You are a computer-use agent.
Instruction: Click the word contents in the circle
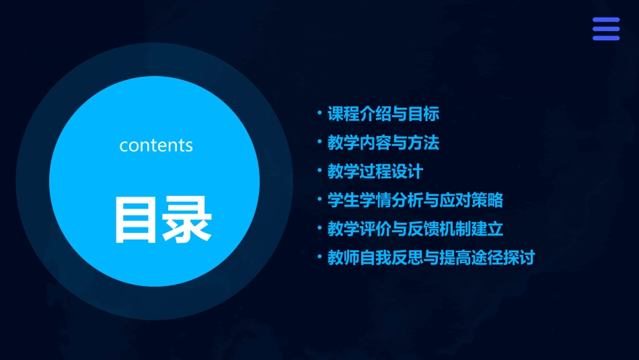click(x=156, y=145)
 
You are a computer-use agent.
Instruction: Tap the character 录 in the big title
click(x=187, y=219)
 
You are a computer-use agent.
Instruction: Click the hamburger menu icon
click(x=605, y=29)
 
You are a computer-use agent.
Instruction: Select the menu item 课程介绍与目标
click(x=383, y=114)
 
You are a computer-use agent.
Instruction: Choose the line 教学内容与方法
click(x=383, y=143)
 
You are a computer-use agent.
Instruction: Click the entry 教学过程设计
click(x=375, y=172)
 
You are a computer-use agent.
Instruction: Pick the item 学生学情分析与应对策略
click(x=415, y=201)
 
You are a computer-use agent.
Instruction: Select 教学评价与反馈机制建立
click(x=415, y=229)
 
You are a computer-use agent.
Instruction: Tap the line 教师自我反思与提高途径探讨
click(x=430, y=258)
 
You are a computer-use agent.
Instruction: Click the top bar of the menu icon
click(x=605, y=20)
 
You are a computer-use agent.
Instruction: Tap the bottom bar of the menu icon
click(x=605, y=38)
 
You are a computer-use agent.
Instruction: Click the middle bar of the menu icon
click(x=605, y=29)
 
